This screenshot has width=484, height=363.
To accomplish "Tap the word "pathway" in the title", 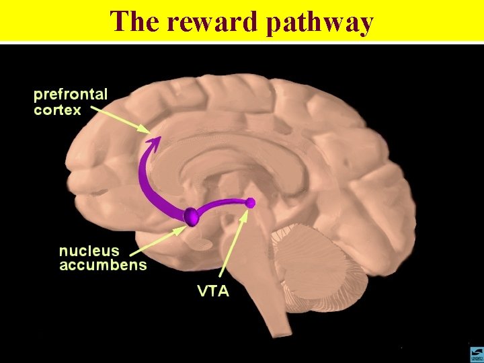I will [x=319, y=22].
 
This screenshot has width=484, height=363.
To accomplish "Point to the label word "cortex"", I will [x=58, y=109].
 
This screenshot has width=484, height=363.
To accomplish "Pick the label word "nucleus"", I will [x=88, y=251].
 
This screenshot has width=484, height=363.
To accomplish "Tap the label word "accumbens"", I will [x=103, y=265].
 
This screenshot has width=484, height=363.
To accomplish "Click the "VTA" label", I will [x=212, y=291].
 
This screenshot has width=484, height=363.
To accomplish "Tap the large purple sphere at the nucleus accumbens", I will [x=192, y=216].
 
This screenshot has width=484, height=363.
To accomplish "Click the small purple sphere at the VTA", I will [x=251, y=202].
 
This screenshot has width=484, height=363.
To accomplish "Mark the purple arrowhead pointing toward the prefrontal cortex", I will [x=155, y=142].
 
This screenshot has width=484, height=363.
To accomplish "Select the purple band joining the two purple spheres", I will [x=223, y=204].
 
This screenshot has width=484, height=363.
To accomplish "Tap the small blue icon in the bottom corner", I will [x=475, y=352].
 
